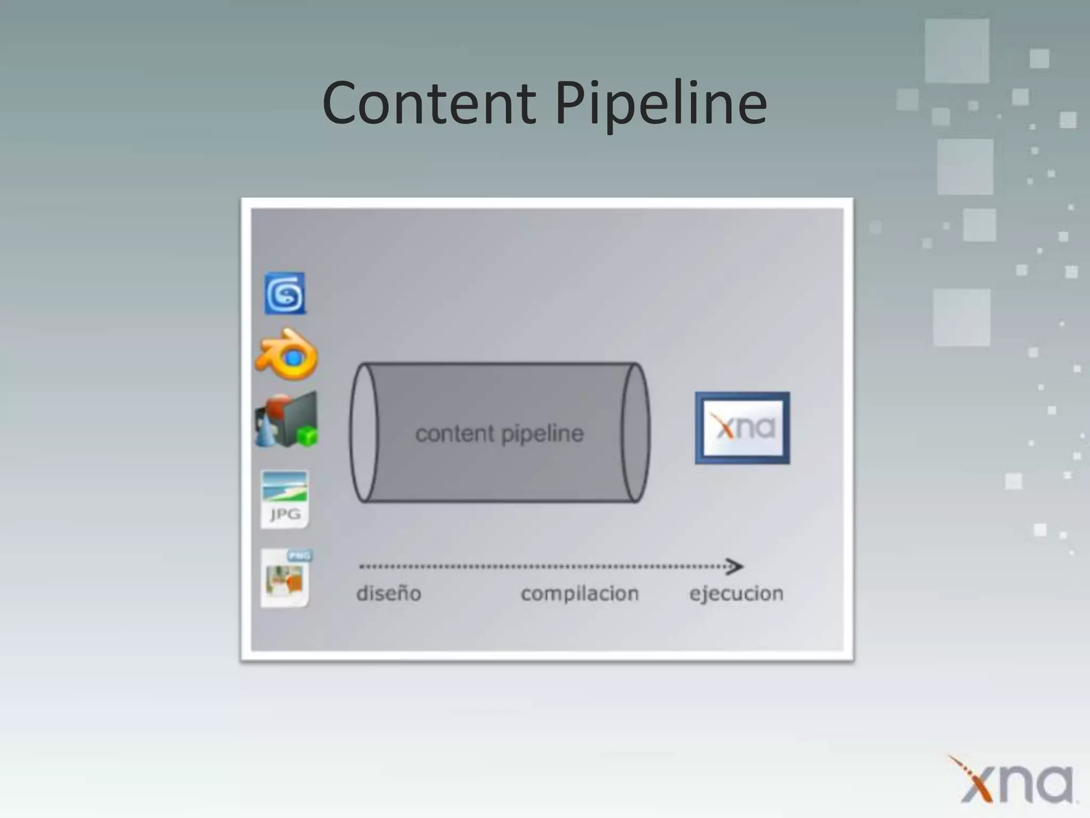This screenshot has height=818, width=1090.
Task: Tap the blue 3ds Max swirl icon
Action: coord(285,293)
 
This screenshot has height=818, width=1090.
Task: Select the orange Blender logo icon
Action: coord(287,354)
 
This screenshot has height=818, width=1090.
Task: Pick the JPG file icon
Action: coord(285,499)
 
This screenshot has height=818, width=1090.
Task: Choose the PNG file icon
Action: coord(286,578)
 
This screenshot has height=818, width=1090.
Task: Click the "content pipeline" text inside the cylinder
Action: coord(499,433)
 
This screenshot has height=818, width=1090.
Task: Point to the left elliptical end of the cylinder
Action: coord(364,432)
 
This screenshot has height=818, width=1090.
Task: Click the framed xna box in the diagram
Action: coord(742,428)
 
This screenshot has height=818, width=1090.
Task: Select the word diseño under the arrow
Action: coord(389,593)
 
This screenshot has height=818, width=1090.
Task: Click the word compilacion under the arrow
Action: coord(580,593)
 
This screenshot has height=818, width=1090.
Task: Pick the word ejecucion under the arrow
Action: coord(736,593)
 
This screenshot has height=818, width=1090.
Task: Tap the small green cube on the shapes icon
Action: coord(307,437)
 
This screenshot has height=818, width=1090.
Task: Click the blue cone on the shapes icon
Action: coord(266,432)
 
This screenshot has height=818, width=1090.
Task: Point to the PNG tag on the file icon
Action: coord(299,556)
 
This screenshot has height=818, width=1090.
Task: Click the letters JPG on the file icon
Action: coord(285,514)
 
